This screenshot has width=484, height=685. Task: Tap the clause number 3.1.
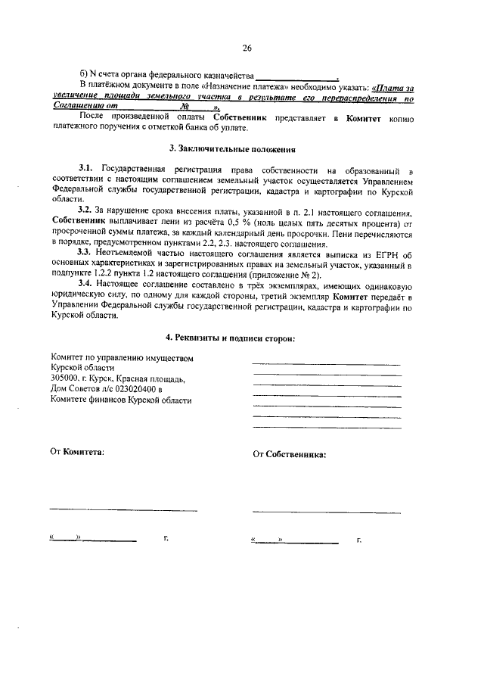[85, 165]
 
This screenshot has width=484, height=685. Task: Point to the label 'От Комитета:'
[77, 452]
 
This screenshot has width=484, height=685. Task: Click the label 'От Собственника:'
[290, 455]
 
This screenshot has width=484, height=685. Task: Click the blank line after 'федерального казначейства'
[296, 78]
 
